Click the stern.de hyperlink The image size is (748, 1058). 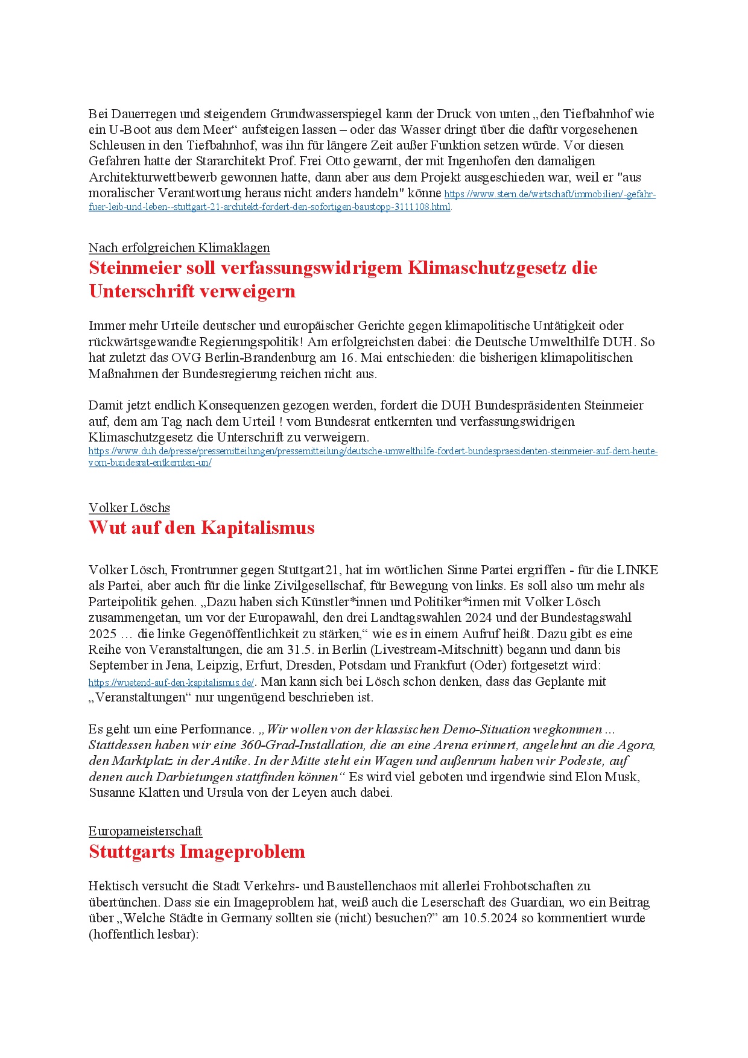(x=550, y=195)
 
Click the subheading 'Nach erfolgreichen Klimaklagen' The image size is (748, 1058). (x=179, y=248)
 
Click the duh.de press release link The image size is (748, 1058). (x=372, y=452)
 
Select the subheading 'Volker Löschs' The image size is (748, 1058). (x=129, y=508)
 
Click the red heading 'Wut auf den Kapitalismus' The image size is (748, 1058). (x=201, y=528)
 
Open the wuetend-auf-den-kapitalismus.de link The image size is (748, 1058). (x=171, y=683)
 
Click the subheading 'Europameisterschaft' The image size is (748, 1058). (x=145, y=831)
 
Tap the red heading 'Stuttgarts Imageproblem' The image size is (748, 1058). (x=197, y=852)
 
